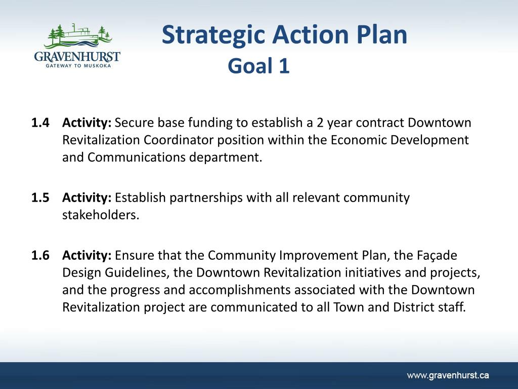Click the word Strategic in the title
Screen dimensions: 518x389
pyautogui.click(x=213, y=35)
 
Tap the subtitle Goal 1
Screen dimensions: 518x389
pyautogui.click(x=258, y=65)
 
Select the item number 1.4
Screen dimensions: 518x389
pyautogui.click(x=40, y=123)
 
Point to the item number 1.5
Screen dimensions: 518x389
pyautogui.click(x=40, y=198)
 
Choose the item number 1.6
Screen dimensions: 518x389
pyautogui.click(x=40, y=256)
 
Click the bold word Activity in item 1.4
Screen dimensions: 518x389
pyautogui.click(x=87, y=123)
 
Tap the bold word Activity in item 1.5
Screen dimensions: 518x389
pyautogui.click(x=87, y=198)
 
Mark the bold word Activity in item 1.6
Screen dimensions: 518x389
pyautogui.click(x=87, y=256)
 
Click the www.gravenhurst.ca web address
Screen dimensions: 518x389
pyautogui.click(x=448, y=375)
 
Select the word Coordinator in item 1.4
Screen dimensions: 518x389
pyautogui.click(x=179, y=140)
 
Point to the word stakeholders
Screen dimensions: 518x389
pyautogui.click(x=101, y=215)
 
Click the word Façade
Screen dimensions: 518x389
pyautogui.click(x=437, y=256)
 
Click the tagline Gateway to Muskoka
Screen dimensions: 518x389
pyautogui.click(x=78, y=66)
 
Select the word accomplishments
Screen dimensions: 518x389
pyautogui.click(x=239, y=290)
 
